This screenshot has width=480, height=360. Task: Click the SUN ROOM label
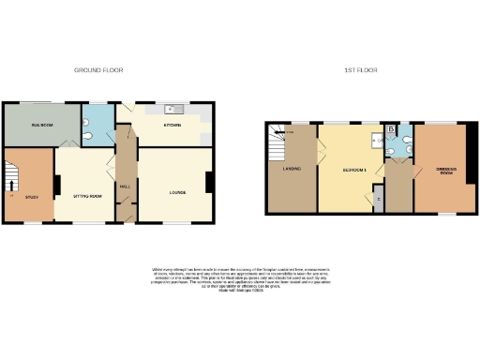[x=40, y=124]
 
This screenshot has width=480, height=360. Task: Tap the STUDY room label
[x=30, y=197]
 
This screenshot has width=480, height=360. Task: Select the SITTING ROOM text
[x=86, y=196]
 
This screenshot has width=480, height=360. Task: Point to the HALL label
[x=125, y=186]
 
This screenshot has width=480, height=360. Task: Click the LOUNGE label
[x=177, y=193]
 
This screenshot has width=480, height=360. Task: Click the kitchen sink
[x=172, y=108]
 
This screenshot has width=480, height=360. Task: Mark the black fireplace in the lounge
[x=208, y=183]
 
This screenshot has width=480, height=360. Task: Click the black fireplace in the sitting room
[x=57, y=185]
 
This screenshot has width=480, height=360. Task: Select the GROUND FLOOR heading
[x=99, y=70]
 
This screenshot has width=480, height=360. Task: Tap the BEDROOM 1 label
[x=352, y=170]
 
